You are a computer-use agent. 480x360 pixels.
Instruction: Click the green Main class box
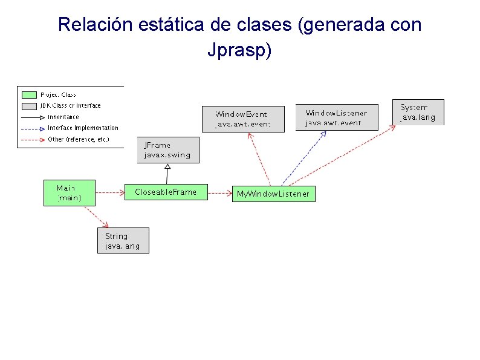69,193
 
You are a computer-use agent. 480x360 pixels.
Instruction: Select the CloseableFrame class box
166,192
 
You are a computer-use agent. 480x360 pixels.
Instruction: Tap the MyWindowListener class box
273,194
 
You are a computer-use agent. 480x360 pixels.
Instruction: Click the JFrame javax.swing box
167,150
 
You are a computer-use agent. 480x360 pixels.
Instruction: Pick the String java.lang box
123,240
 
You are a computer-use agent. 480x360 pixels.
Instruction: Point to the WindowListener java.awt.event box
336,117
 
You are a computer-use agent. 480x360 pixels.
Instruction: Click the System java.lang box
418,112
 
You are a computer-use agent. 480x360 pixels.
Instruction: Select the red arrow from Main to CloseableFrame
109,193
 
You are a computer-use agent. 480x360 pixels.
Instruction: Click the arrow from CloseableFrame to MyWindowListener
219,194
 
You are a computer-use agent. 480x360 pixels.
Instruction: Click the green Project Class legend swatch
29,95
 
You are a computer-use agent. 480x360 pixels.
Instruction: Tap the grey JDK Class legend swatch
29,106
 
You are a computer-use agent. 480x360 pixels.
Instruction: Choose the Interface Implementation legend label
83,128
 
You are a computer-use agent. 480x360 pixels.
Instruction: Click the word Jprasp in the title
239,50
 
